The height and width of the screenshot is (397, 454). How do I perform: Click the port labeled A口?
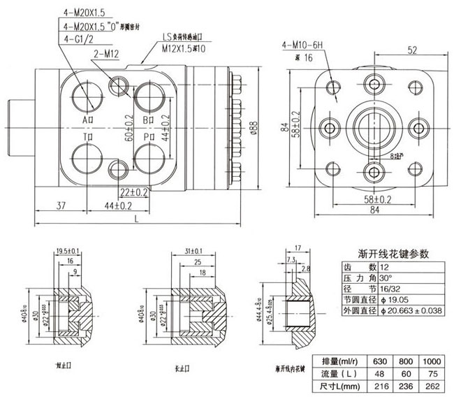89,120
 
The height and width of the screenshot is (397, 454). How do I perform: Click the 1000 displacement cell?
432,361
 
